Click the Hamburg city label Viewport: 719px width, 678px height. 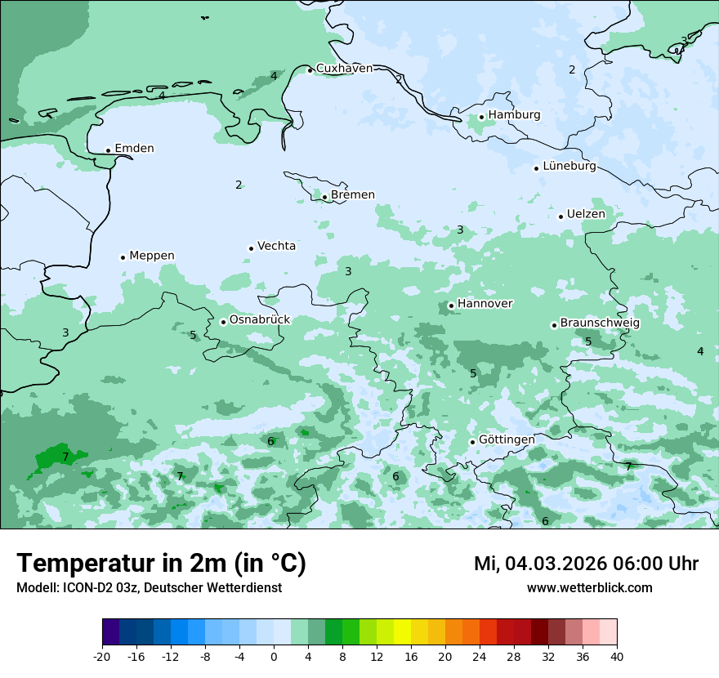click(x=514, y=115)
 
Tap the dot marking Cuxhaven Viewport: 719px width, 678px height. click(x=310, y=70)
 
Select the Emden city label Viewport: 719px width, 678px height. click(x=134, y=149)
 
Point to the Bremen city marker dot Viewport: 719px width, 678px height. click(x=324, y=197)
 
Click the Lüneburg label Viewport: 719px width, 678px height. click(x=569, y=167)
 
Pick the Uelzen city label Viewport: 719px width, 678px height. click(x=586, y=214)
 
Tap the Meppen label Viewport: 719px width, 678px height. click(x=151, y=256)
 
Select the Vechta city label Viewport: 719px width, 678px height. click(x=276, y=246)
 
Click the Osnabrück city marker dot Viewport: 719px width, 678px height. click(x=223, y=322)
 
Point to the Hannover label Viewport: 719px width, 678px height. click(x=485, y=304)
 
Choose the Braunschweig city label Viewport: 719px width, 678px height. click(x=600, y=323)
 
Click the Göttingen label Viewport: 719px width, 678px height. click(x=507, y=439)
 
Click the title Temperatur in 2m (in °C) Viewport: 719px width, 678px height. click(x=161, y=564)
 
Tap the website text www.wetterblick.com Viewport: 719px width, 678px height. click(x=589, y=588)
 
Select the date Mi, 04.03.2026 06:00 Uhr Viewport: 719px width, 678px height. click(x=586, y=564)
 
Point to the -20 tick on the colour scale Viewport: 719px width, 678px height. click(x=102, y=657)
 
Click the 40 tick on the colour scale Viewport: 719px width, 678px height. click(x=617, y=657)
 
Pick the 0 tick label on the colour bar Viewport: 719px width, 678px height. click(x=274, y=657)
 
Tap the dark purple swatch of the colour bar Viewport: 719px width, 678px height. click(x=111, y=632)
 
